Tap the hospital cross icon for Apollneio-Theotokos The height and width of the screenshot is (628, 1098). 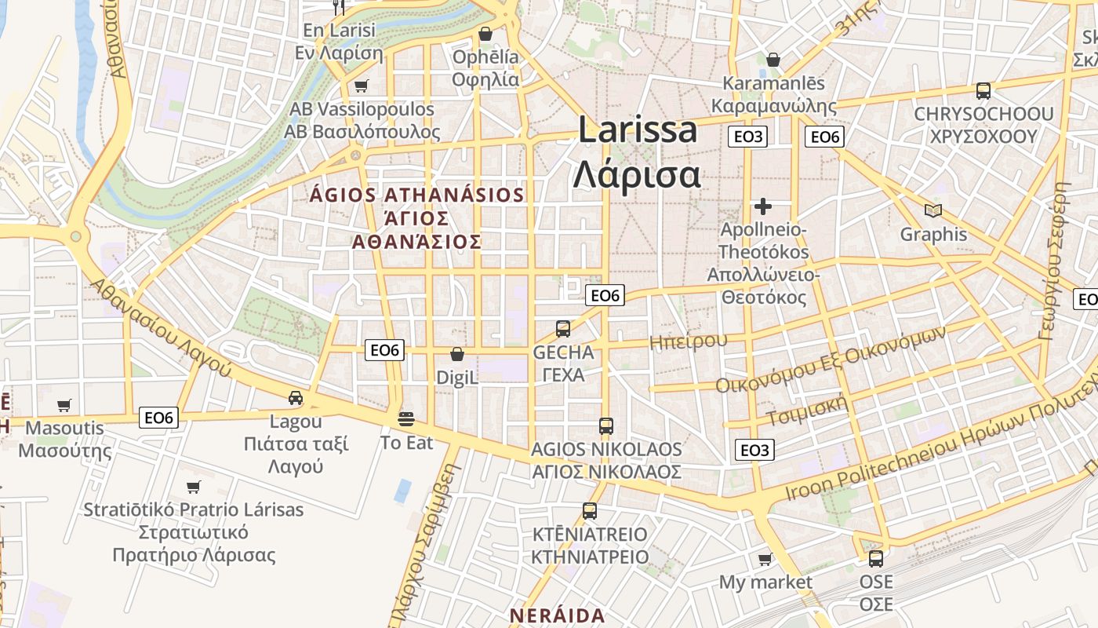(x=762, y=206)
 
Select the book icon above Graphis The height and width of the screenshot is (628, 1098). (x=933, y=210)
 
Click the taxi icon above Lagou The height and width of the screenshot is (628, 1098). (x=296, y=398)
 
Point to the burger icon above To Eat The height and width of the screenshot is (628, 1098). (x=406, y=418)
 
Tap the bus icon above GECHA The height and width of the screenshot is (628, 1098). (x=563, y=329)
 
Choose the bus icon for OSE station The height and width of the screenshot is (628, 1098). (x=876, y=559)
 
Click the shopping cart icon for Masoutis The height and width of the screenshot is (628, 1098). (x=64, y=405)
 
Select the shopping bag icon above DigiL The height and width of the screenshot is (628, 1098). (x=457, y=355)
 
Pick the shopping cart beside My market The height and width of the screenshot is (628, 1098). (x=765, y=559)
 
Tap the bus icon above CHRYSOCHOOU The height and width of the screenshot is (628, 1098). (x=983, y=91)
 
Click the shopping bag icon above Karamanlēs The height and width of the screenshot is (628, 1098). (x=773, y=60)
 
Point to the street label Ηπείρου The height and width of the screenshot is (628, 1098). (x=688, y=341)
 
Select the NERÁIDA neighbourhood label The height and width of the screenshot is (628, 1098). (x=557, y=615)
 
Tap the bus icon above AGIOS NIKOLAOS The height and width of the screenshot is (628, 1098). (x=606, y=426)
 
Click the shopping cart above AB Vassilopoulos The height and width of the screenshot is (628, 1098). (x=362, y=86)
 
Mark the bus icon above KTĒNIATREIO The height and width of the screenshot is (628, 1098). (x=590, y=511)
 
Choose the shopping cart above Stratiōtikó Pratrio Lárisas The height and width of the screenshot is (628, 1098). (x=194, y=487)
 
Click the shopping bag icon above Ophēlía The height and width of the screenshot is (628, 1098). (x=485, y=34)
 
